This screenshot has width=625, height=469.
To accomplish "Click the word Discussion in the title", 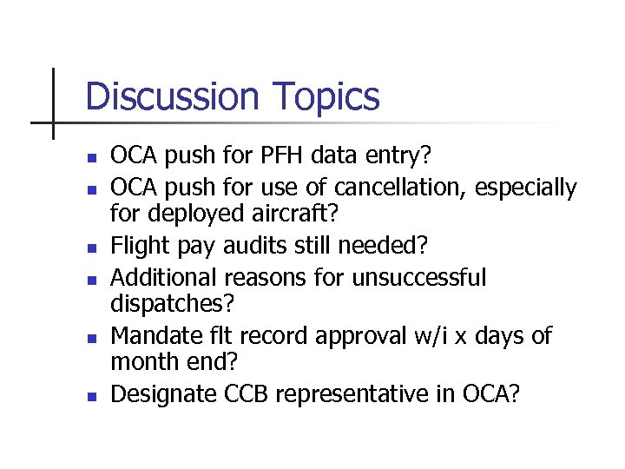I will [x=170, y=97].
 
